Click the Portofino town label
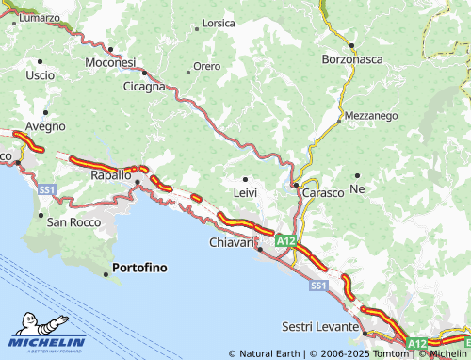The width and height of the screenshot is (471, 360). coord(139,268)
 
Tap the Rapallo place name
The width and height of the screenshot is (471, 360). coord(110,174)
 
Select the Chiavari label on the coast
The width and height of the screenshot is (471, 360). coord(231,243)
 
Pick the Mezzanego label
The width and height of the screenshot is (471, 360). coord(371,115)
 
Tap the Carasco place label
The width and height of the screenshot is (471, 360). coord(324,188)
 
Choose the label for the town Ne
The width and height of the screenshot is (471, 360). coord(357,188)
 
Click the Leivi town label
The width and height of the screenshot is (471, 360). coord(245,192)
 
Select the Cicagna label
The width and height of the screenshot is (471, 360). coord(143,86)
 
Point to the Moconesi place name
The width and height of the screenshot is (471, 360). coord(110,61)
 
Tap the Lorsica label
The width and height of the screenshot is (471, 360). coord(219,23)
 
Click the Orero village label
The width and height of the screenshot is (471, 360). coord(206,67)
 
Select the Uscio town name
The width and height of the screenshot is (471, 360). coord(41,74)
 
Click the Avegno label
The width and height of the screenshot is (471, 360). coord(45,125)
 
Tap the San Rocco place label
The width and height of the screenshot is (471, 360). coord(73,222)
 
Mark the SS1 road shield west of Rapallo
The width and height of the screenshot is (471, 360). coord(47,189)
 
